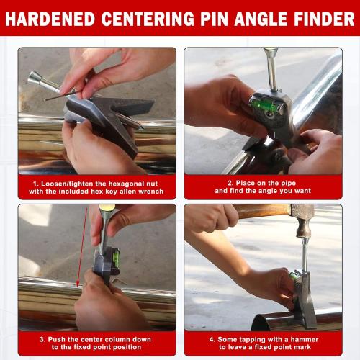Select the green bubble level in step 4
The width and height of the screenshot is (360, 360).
(294, 275)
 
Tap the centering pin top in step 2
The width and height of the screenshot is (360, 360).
(271, 51)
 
